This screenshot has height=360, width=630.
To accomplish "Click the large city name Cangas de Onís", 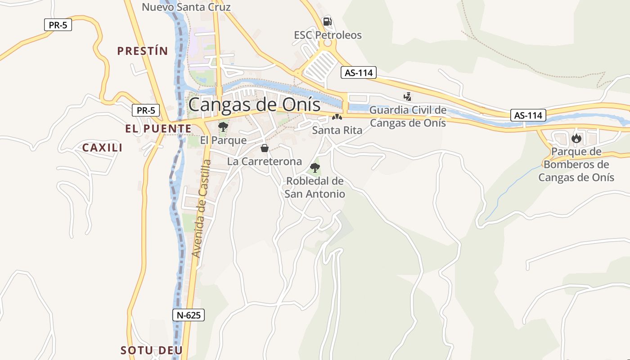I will [x=254, y=105].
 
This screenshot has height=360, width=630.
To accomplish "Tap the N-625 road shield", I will [x=189, y=315].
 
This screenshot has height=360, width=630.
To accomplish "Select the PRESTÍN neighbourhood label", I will [x=142, y=51].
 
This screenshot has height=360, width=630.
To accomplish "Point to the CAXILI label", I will [x=102, y=148].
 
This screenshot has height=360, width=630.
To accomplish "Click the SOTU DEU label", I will [x=152, y=350].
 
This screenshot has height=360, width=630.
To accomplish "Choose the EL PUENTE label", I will [x=158, y=129].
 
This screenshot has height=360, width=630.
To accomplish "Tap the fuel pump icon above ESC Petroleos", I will [x=328, y=21].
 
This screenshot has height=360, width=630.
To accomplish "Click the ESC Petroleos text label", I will [x=328, y=35].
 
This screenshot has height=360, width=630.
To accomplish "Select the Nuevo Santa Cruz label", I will [x=186, y=7].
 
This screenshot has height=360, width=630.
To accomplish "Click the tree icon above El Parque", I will [x=223, y=127].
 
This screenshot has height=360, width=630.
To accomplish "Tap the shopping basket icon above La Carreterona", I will [x=265, y=148].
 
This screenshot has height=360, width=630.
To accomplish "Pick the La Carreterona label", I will [x=265, y=161].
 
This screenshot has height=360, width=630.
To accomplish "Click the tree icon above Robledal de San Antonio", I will [x=315, y=168].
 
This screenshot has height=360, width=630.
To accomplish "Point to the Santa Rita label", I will [x=337, y=130].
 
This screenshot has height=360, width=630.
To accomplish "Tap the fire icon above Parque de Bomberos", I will [x=576, y=139].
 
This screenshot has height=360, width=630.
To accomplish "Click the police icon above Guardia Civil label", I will [x=408, y=96].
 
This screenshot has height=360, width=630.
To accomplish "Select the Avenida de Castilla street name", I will [x=201, y=208].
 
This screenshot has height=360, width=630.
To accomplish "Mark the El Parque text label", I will [x=223, y=140].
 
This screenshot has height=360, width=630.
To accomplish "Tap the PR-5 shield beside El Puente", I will [x=146, y=110].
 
